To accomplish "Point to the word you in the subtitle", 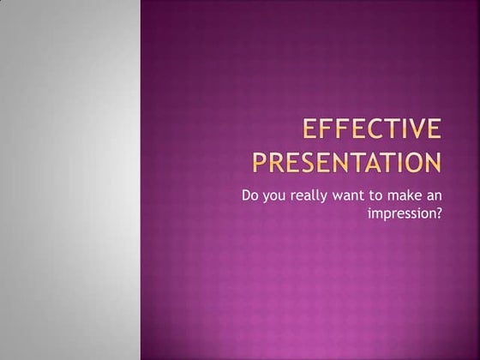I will [278, 196].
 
